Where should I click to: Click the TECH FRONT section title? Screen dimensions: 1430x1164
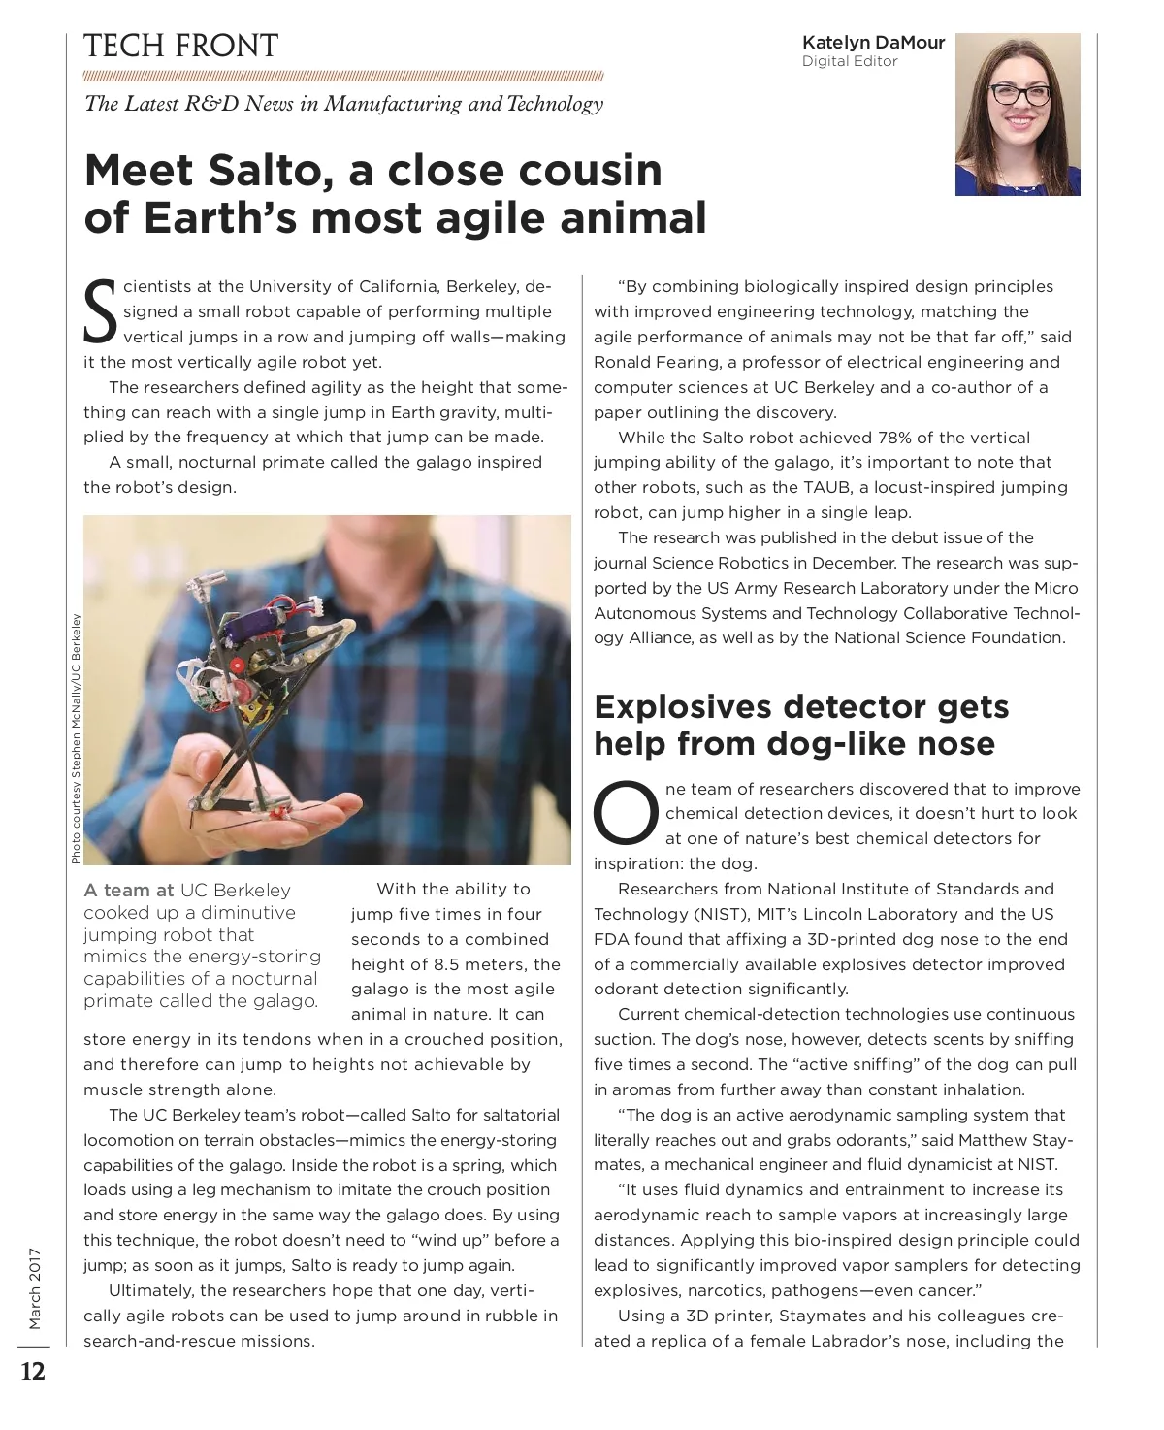pos(180,46)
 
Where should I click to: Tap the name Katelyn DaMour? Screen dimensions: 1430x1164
pos(873,42)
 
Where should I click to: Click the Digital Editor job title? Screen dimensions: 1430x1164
pos(850,61)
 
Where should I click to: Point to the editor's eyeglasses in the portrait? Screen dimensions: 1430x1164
pos(1018,95)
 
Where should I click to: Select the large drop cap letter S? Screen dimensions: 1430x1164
pos(100,312)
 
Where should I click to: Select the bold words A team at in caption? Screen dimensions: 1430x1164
pos(128,890)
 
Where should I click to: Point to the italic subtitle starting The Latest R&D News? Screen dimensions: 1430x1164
pos(343,104)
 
